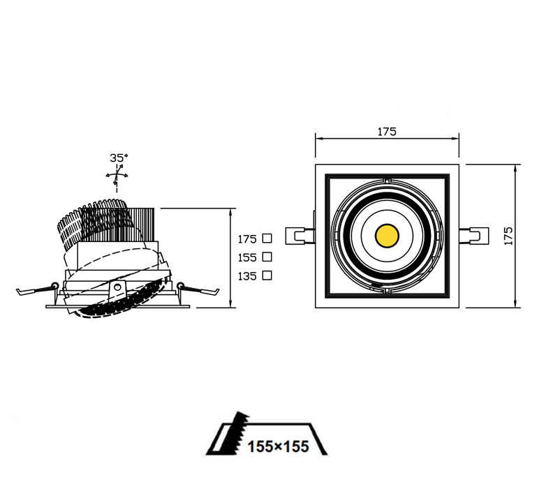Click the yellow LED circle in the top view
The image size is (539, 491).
coord(387,236)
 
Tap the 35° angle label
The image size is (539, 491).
coord(119,158)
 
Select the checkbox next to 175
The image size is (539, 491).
coord(267,239)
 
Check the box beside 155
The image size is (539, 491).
coord(267,257)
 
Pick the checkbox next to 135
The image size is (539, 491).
coord(267,275)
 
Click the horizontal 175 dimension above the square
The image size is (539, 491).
coord(387,132)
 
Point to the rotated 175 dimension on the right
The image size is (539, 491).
coord(508,236)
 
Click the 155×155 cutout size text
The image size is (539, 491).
coord(278,446)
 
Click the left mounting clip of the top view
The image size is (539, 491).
coord(300,236)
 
